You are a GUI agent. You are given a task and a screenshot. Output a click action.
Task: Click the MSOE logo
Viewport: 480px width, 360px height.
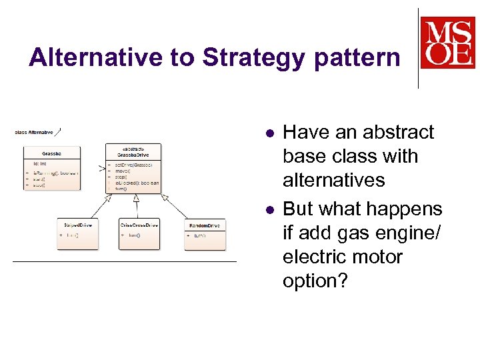[447, 43]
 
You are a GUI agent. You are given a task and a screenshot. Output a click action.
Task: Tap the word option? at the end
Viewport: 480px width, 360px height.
[315, 281]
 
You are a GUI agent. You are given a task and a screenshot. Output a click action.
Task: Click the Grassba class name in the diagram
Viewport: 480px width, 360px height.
[51, 153]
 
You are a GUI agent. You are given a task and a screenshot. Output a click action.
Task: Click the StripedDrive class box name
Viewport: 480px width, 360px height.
[77, 225]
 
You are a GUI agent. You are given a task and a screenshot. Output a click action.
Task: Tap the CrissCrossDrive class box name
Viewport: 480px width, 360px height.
[139, 225]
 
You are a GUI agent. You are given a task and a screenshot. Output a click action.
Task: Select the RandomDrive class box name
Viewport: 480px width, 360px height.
[205, 226]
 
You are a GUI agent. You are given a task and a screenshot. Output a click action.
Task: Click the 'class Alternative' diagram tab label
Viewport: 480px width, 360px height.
[34, 132]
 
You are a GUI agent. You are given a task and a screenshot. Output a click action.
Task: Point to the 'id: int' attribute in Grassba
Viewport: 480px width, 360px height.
[40, 163]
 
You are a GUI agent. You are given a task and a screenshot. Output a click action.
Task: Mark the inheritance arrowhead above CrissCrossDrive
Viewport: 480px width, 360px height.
[136, 198]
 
